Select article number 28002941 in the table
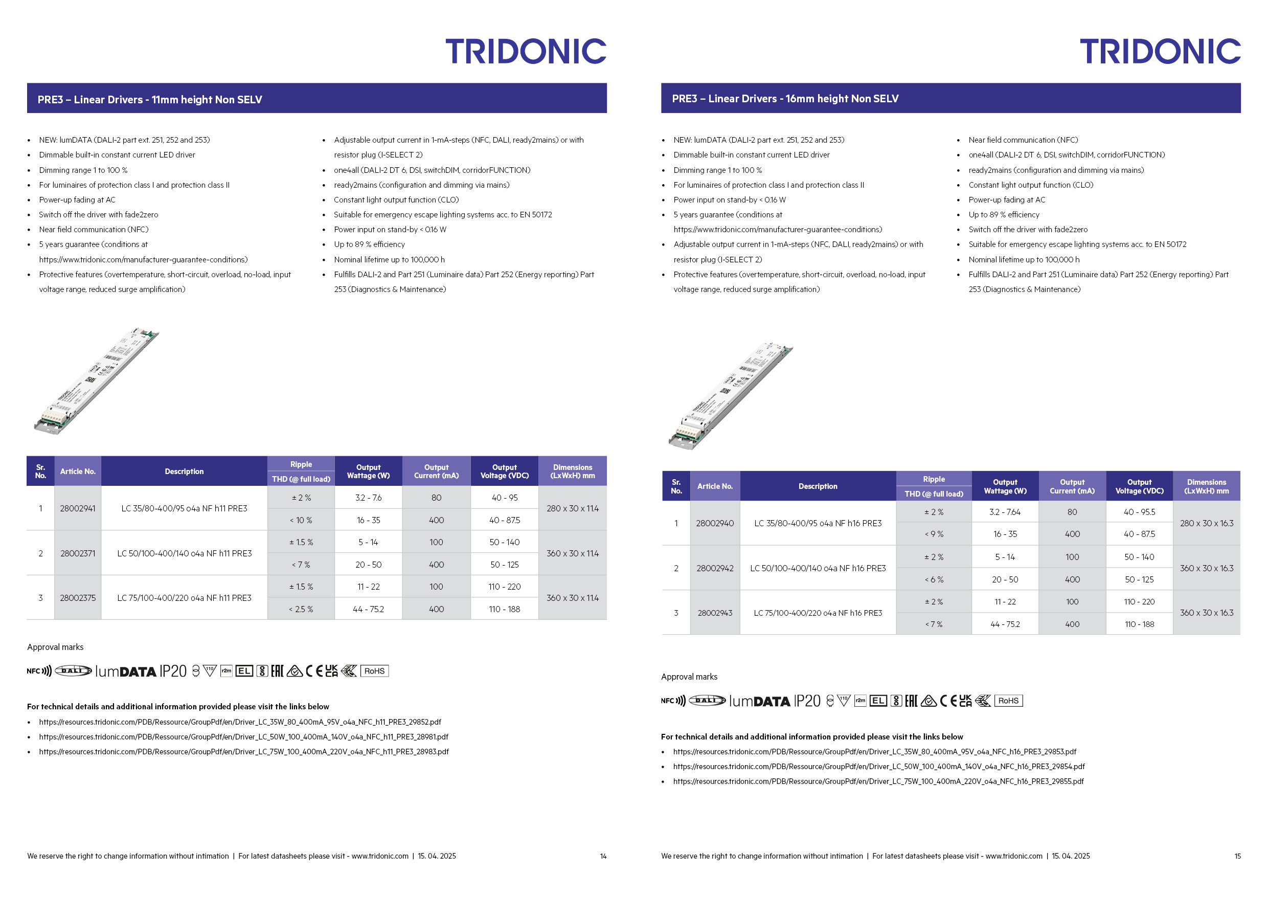(x=77, y=508)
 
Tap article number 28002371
(x=77, y=553)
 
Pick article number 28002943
(x=715, y=613)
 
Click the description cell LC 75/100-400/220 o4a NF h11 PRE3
(x=184, y=598)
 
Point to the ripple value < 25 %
(x=301, y=609)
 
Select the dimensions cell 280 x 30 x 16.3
(x=1206, y=523)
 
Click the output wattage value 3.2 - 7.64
(x=1005, y=512)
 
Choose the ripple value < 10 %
(x=301, y=520)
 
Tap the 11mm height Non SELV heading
(x=150, y=99)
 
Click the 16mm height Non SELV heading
(x=785, y=98)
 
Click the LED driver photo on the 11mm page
(x=96, y=381)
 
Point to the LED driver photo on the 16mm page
(x=730, y=395)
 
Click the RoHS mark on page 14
(x=374, y=671)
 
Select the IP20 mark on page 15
(x=807, y=701)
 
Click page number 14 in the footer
(x=603, y=856)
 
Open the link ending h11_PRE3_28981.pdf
(x=243, y=737)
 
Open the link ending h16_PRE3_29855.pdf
(x=878, y=781)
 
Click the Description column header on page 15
(x=818, y=486)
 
